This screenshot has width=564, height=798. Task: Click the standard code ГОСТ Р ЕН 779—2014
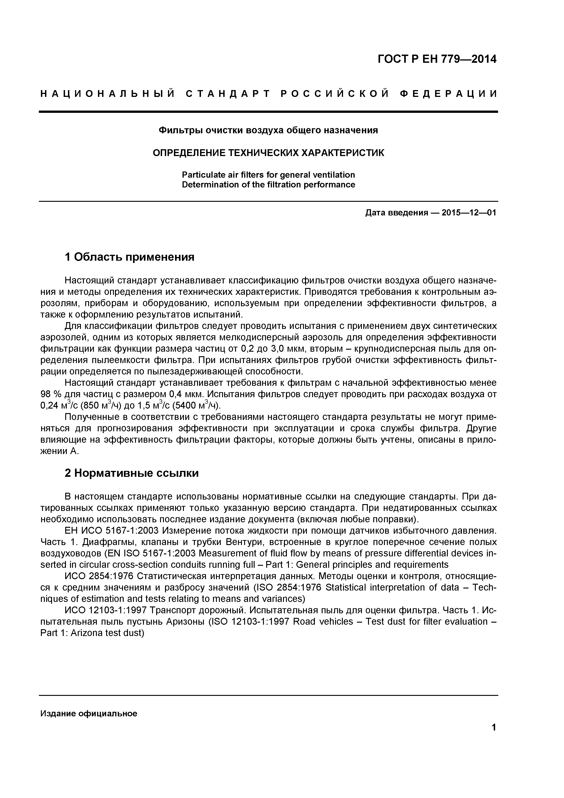pos(437,59)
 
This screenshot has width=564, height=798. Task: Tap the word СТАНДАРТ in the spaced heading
pos(228,94)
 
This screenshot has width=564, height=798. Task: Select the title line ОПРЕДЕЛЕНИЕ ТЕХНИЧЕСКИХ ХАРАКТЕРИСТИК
pos(268,153)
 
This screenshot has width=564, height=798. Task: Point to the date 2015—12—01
pos(469,213)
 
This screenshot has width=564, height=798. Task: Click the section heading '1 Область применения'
pos(130,257)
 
